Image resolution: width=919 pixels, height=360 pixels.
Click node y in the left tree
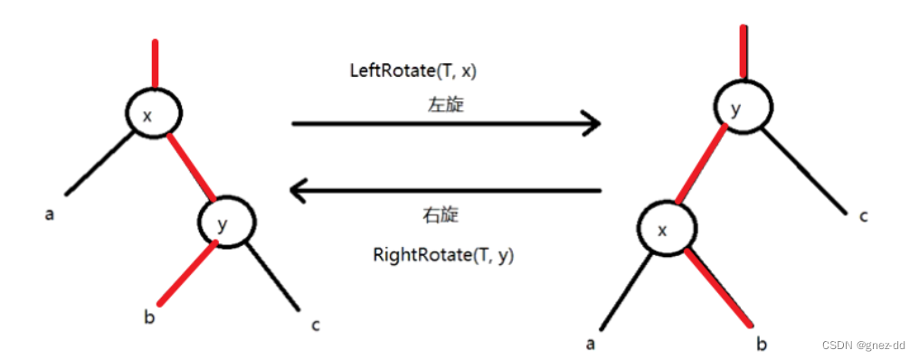pos(226,220)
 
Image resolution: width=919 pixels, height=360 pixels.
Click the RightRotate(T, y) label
pos(443,255)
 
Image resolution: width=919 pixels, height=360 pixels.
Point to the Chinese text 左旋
pos(445,104)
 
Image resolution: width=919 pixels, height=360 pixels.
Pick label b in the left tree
pos(148,317)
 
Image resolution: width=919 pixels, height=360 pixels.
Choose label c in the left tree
pos(315,324)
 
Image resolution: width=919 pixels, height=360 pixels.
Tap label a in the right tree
pos(590,344)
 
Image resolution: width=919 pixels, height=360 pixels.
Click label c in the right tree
pos(863,215)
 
